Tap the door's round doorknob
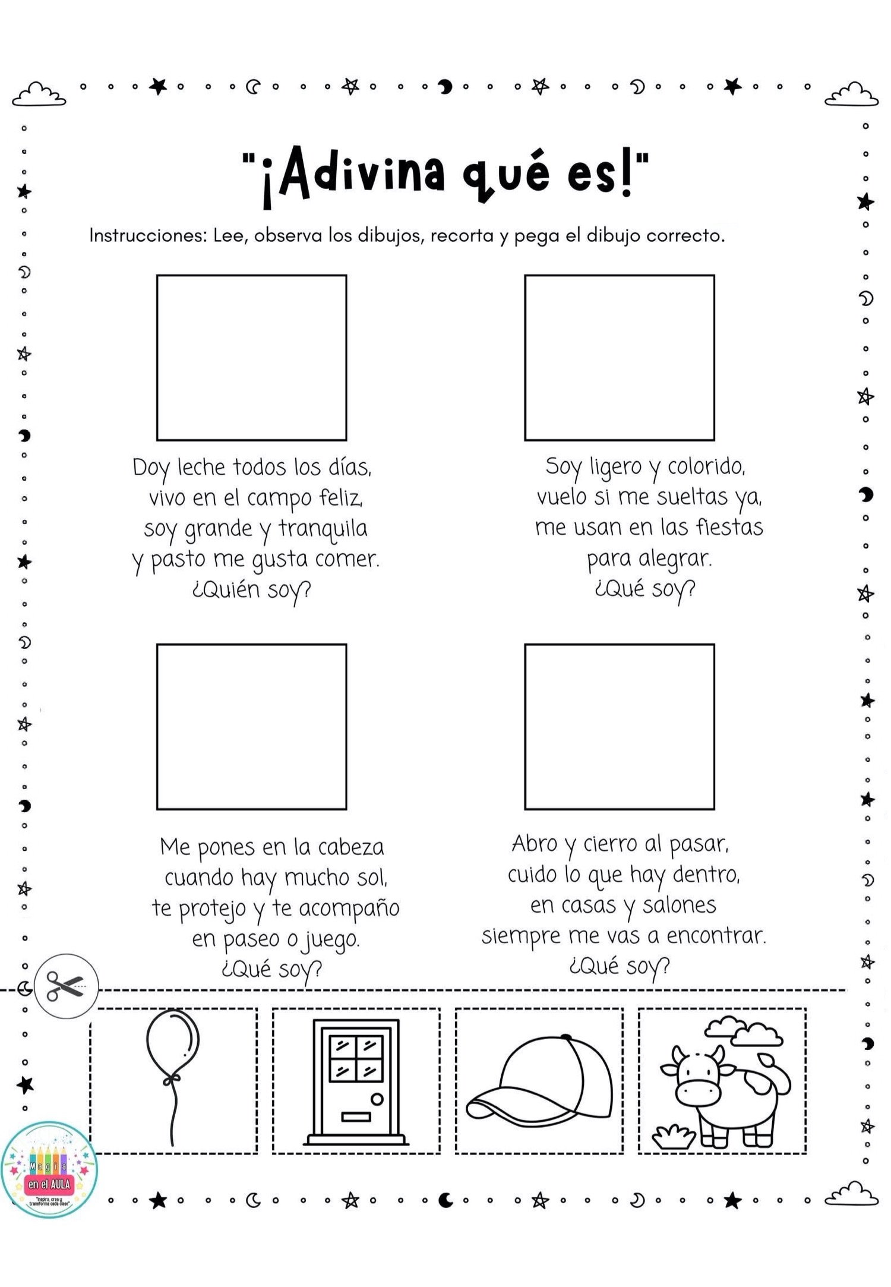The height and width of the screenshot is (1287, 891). pyautogui.click(x=377, y=1099)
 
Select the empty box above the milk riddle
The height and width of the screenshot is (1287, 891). pyautogui.click(x=251, y=358)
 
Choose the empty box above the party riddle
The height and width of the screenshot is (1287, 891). pyautogui.click(x=619, y=358)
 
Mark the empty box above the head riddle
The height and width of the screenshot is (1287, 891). pyautogui.click(x=251, y=727)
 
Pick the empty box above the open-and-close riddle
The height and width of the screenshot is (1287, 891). pyautogui.click(x=619, y=727)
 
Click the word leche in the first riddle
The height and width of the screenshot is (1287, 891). pyautogui.click(x=202, y=468)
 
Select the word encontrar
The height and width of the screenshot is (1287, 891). pyautogui.click(x=716, y=936)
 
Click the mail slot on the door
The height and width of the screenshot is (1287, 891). pyautogui.click(x=356, y=1116)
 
